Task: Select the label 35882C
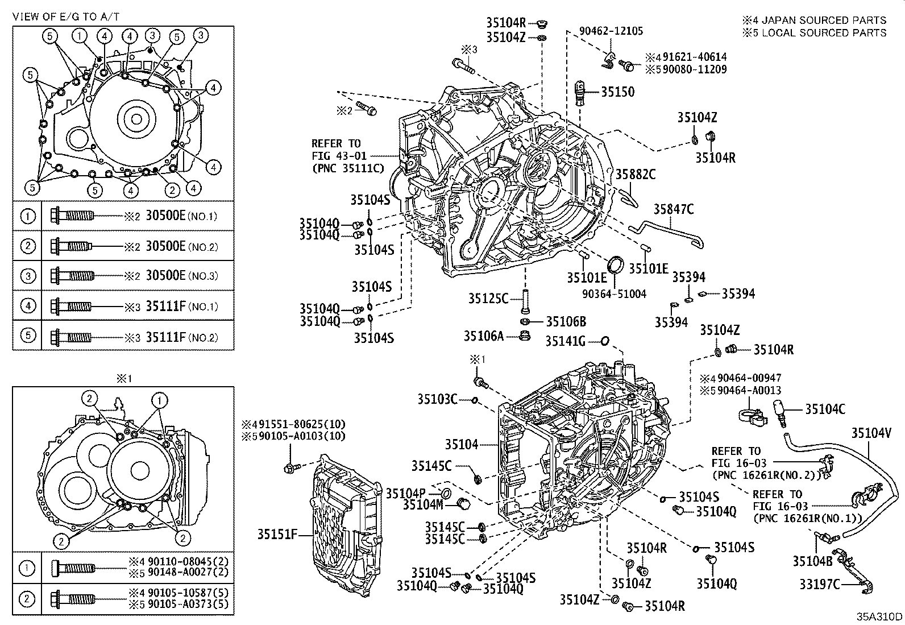(635, 175)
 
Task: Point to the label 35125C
(488, 298)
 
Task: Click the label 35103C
(437, 399)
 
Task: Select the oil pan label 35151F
(277, 535)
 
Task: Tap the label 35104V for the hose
(871, 433)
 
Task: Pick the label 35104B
(812, 561)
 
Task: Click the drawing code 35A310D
(880, 616)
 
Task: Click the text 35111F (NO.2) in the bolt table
(181, 337)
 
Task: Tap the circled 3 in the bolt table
(28, 276)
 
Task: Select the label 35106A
(483, 337)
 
